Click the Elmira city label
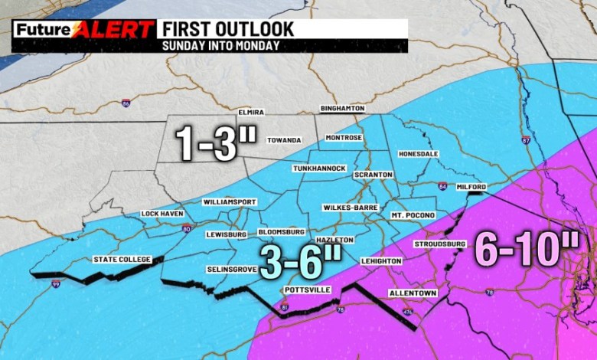pyautogui.click(x=250, y=112)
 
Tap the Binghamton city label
pyautogui.click(x=342, y=109)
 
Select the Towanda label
pyautogui.click(x=284, y=140)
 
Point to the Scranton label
pyautogui.click(x=373, y=175)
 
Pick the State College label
pyautogui.click(x=122, y=259)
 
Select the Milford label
pyautogui.click(x=471, y=186)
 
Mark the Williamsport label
pyautogui.click(x=230, y=202)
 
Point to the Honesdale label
pyautogui.click(x=418, y=154)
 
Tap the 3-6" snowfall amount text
pyautogui.click(x=300, y=263)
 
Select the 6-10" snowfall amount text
pyautogui.click(x=527, y=249)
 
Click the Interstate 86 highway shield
pyautogui.click(x=126, y=102)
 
